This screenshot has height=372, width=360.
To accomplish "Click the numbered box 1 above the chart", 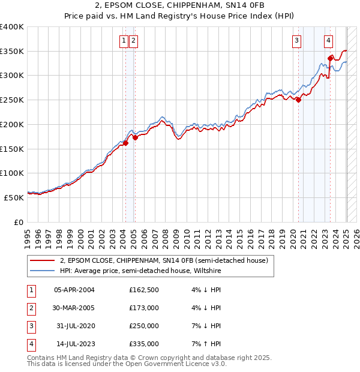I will [x=124, y=41].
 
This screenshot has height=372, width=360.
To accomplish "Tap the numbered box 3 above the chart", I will [x=296, y=41].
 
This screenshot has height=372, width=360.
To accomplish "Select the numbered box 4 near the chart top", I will [x=329, y=41].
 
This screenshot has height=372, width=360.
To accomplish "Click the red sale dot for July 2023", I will [x=331, y=58].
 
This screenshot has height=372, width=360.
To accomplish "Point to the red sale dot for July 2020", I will [x=299, y=100].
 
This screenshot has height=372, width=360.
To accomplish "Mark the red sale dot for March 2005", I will [x=135, y=137].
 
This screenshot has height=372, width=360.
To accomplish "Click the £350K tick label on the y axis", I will [x=12, y=51].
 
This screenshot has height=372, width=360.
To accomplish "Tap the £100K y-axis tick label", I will [x=12, y=173].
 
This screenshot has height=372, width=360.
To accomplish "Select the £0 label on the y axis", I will [x=18, y=221].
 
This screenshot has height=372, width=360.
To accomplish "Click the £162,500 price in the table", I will [x=144, y=290].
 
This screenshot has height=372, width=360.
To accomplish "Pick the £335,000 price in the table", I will [x=144, y=344].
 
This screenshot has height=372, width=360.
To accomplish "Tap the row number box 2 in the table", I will [x=31, y=308].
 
